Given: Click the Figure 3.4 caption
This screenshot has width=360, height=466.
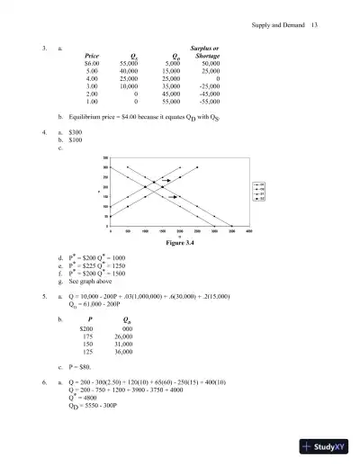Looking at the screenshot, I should click(x=181, y=242).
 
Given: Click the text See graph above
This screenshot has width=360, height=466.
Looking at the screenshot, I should click(x=91, y=282).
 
